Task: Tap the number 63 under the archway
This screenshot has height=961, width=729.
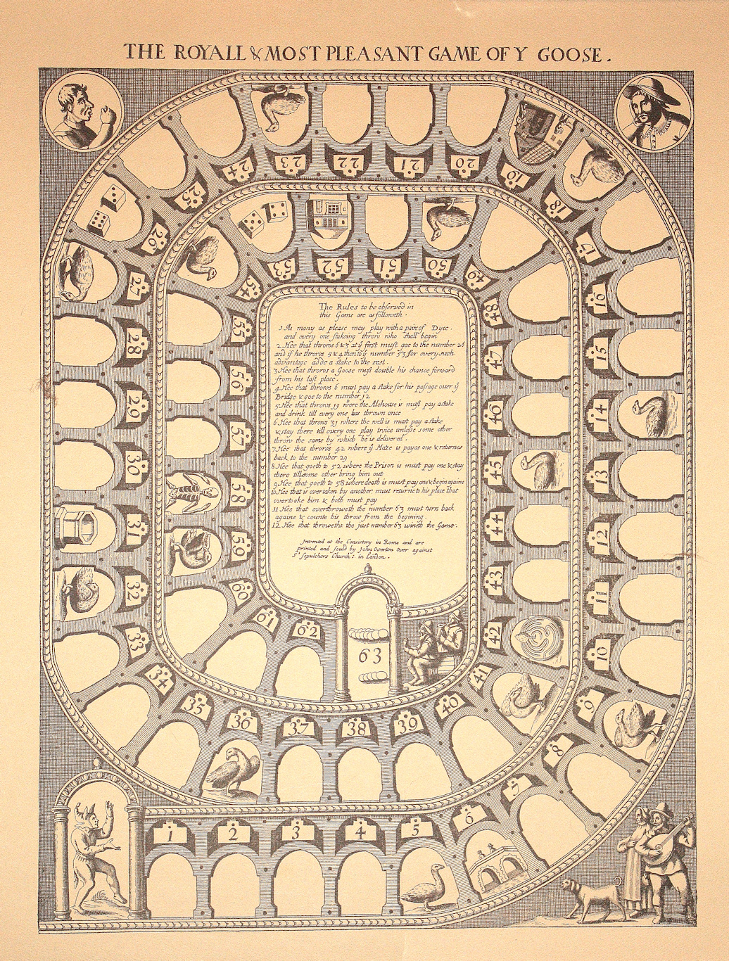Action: pyautogui.click(x=369, y=656)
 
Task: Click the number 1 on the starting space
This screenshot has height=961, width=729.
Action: pyautogui.click(x=170, y=835)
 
